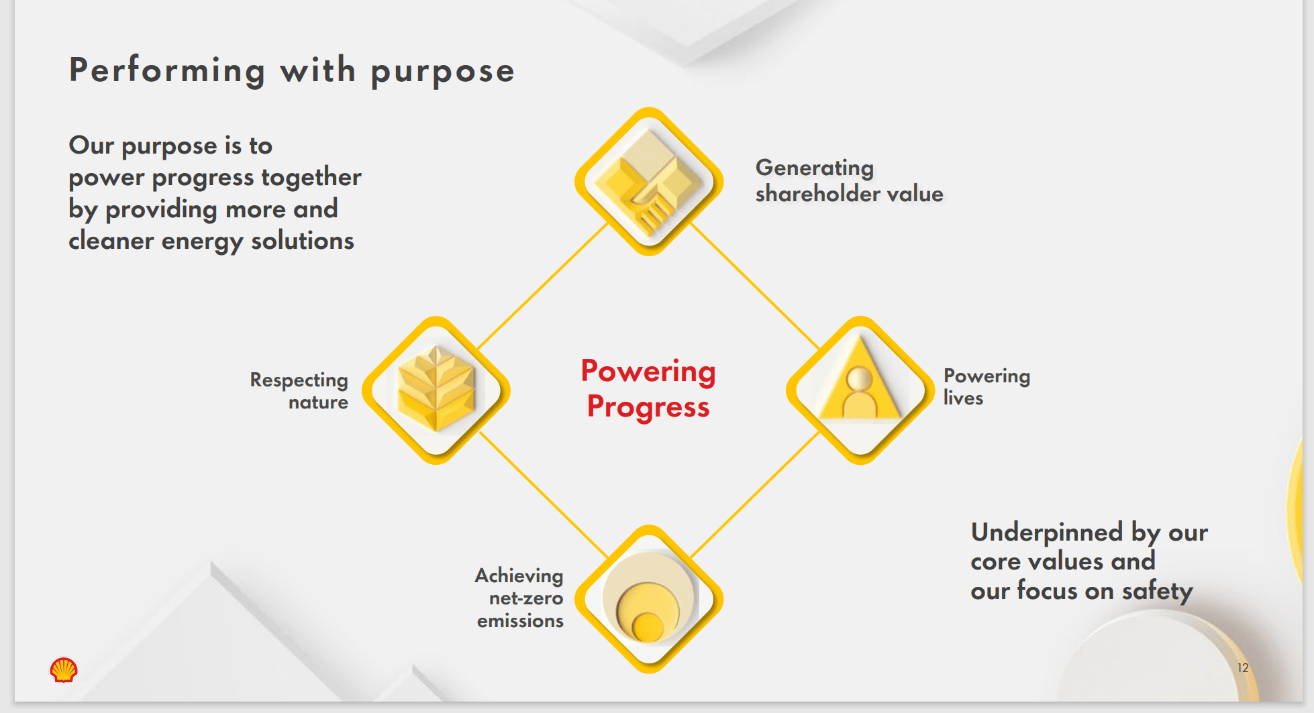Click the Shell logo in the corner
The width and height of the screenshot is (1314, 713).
(x=64, y=669)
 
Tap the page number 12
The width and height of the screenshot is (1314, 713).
(x=1243, y=668)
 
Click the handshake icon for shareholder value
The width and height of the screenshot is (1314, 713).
(x=649, y=182)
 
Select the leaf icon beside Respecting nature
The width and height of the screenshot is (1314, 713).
(x=436, y=390)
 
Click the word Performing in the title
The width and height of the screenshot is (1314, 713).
(x=167, y=70)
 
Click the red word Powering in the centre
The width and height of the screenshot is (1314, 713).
(x=648, y=372)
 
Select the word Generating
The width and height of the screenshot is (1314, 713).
(x=815, y=168)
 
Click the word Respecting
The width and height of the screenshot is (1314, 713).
(x=299, y=380)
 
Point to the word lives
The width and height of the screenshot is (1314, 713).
(x=963, y=398)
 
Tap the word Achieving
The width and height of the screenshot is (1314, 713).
(x=519, y=576)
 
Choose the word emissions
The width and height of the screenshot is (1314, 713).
(x=520, y=621)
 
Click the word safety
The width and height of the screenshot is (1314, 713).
(x=1158, y=591)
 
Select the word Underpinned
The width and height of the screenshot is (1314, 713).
(x=1047, y=533)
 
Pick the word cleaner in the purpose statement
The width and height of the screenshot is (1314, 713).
(x=111, y=241)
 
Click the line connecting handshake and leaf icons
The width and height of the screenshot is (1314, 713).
(x=542, y=286)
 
